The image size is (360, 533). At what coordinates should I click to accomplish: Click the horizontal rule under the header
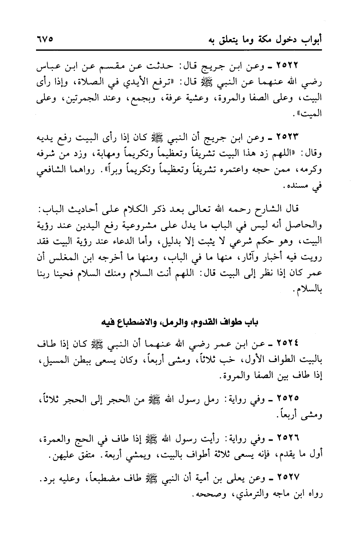(180, 49)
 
